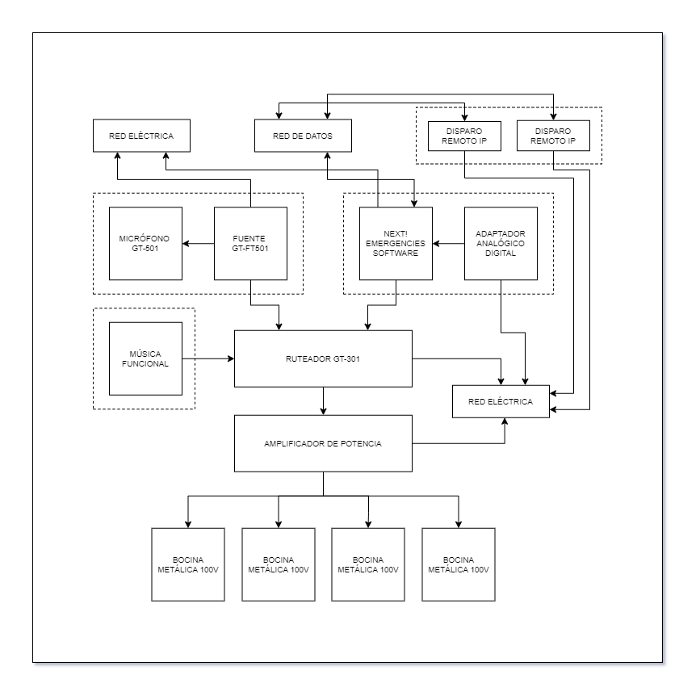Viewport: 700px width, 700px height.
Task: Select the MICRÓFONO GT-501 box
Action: (145, 243)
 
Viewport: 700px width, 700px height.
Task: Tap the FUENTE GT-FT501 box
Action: (250, 243)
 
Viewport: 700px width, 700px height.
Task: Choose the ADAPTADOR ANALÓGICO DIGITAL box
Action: (501, 243)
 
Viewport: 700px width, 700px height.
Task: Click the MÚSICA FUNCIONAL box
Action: (145, 358)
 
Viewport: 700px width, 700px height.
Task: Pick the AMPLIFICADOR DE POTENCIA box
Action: (324, 442)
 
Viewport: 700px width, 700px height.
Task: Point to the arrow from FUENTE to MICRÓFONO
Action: (198, 243)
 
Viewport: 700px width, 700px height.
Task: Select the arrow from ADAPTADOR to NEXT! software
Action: (448, 243)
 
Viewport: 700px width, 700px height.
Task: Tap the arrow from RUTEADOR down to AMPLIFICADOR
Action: (324, 400)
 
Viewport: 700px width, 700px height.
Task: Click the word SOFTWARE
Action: (396, 253)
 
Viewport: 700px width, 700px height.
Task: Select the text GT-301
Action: (344, 358)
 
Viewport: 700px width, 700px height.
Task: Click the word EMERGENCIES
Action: (396, 243)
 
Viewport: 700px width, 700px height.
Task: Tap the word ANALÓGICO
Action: (501, 243)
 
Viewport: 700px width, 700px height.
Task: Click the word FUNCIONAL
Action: (145, 364)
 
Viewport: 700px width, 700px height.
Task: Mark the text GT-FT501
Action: (250, 249)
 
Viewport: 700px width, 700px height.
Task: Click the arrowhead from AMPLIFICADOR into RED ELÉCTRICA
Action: (505, 422)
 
